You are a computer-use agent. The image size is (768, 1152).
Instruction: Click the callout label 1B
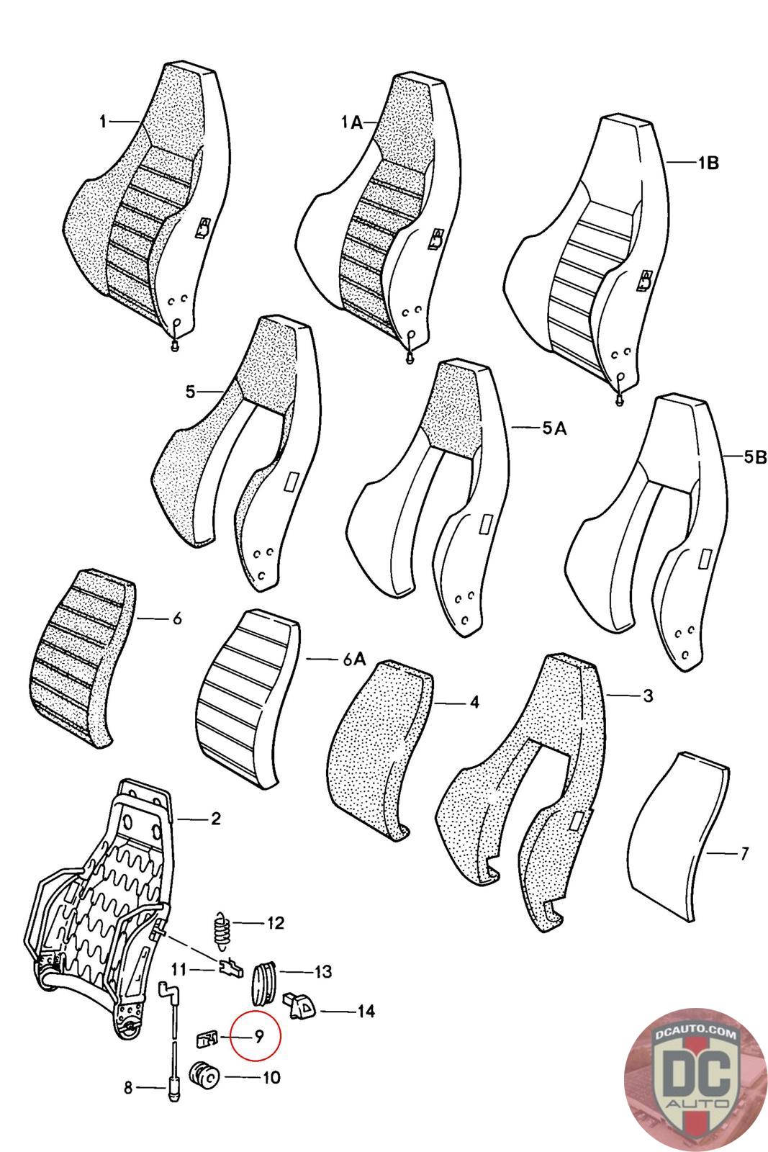tap(708, 163)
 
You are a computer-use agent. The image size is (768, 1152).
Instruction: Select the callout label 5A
tap(554, 428)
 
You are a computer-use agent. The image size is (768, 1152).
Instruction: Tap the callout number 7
tap(744, 854)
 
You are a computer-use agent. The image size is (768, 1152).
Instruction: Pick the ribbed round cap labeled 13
tap(264, 981)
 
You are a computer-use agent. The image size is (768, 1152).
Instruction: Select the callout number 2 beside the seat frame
tap(215, 819)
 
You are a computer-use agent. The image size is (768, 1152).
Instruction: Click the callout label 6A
tap(353, 659)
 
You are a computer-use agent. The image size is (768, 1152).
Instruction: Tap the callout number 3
tap(648, 696)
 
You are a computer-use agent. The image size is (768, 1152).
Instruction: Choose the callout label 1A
tap(351, 123)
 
